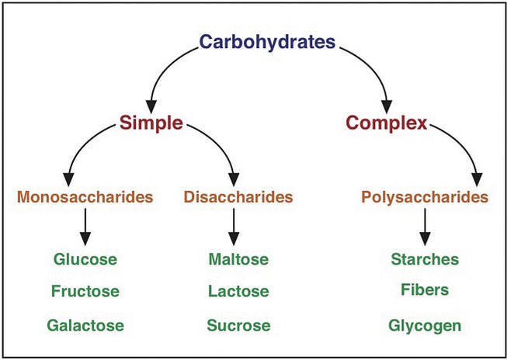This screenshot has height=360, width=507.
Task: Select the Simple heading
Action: (151, 123)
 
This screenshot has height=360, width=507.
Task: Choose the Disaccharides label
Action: (238, 198)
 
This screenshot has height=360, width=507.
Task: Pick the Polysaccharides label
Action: (425, 198)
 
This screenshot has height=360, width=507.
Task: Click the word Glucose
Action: (86, 258)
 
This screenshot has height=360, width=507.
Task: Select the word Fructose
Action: (86, 292)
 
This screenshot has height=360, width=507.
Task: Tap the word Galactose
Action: (86, 325)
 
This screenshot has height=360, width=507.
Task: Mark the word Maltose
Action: (238, 258)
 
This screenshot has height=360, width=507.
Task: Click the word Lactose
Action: (238, 292)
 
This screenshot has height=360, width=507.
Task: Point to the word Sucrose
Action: (238, 325)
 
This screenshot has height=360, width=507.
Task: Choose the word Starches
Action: (425, 258)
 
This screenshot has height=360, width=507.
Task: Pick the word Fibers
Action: (425, 289)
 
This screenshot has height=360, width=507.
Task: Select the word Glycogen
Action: (425, 325)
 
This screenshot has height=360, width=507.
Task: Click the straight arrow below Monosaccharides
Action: (86, 228)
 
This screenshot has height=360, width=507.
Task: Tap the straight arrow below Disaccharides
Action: (234, 228)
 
